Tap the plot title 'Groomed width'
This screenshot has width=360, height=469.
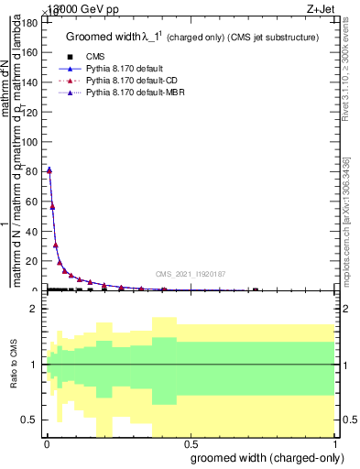[x=108, y=37]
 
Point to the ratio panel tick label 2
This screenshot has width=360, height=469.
[x=35, y=310]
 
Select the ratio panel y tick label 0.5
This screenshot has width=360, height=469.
[x=31, y=420]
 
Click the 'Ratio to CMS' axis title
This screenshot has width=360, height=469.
[x=13, y=365]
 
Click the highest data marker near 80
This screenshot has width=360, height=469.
[x=49, y=169]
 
